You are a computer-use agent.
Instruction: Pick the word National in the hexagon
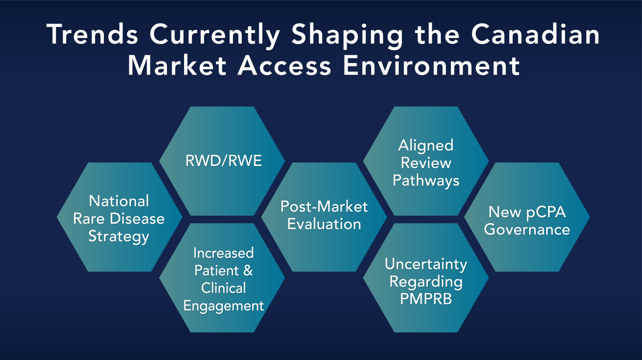119,201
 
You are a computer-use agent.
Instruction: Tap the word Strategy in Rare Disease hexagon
119,236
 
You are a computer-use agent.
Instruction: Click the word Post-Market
324,207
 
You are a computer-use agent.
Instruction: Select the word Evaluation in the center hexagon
324,224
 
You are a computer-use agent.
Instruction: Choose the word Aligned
426,145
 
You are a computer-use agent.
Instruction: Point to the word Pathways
426,181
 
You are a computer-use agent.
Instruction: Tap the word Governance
527,230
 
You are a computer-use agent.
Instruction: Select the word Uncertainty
426,264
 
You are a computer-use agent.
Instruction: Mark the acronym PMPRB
426,299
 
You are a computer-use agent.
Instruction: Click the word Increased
223,253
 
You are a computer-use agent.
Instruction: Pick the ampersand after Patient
248,271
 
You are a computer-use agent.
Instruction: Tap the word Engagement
223,305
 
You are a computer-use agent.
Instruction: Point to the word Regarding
426,282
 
